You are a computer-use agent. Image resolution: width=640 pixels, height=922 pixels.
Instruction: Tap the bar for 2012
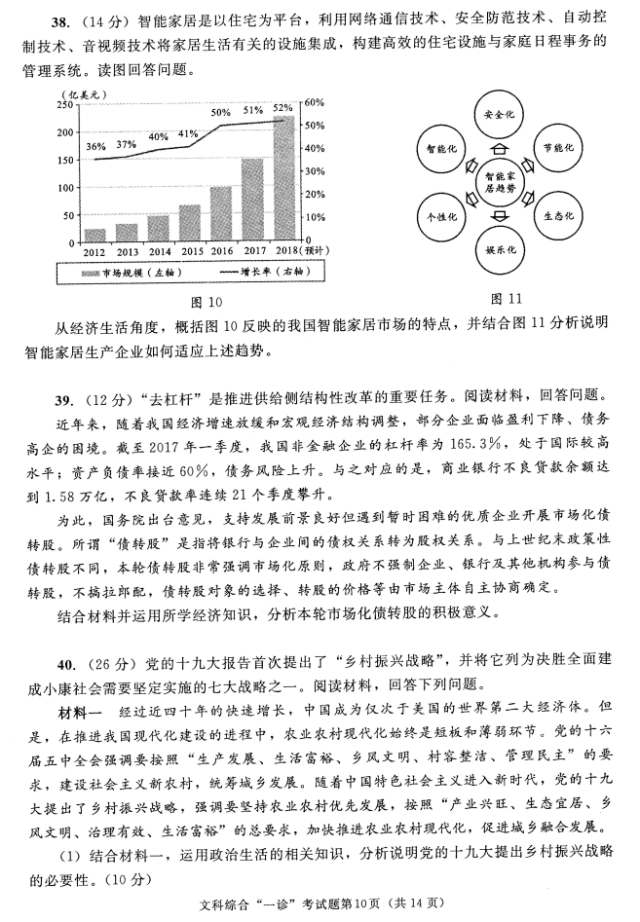pyautogui.click(x=95, y=234)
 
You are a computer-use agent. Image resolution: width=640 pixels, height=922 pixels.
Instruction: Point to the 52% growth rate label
pyautogui.click(x=283, y=108)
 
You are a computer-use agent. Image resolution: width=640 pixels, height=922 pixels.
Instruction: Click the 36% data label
pyautogui.click(x=96, y=146)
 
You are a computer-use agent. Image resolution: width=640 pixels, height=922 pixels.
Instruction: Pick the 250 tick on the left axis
pyautogui.click(x=66, y=103)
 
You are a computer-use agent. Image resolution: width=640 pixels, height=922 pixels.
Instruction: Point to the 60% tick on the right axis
pyautogui.click(x=314, y=102)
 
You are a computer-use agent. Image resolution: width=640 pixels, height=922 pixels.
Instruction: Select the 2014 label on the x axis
pyautogui.click(x=158, y=252)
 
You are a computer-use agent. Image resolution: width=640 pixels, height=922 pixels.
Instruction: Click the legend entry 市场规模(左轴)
pyautogui.click(x=135, y=275)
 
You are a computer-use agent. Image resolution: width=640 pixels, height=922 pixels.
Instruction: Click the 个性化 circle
pyautogui.click(x=437, y=215)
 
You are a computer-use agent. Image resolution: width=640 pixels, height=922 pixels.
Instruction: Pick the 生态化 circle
pyautogui.click(x=558, y=215)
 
